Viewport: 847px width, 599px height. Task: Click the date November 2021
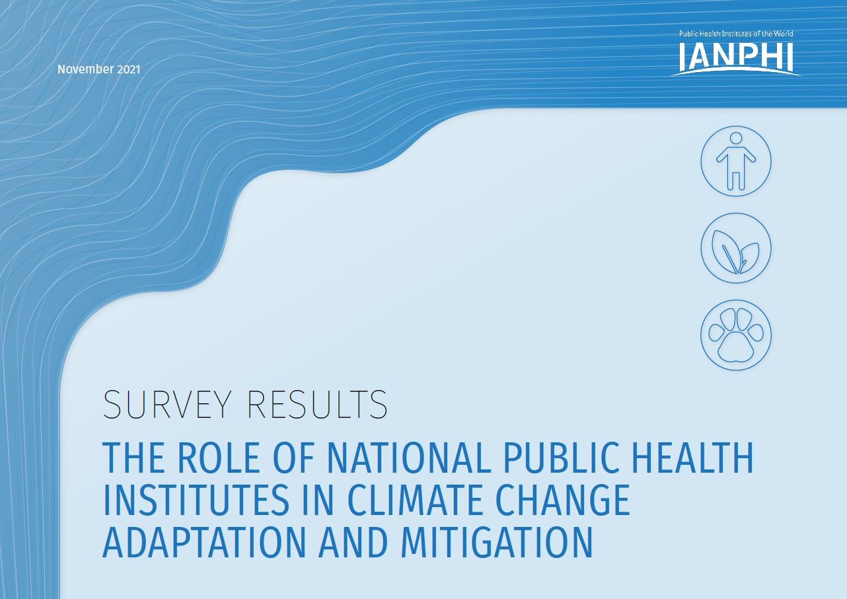coord(98,69)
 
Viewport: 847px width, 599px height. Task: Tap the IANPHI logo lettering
coord(736,56)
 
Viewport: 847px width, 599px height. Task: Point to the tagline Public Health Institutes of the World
coord(736,34)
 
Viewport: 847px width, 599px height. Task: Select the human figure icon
coord(736,161)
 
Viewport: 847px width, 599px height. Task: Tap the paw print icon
coord(736,335)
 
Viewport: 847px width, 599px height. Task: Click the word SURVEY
coord(166,404)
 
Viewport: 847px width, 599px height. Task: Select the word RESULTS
coord(317,404)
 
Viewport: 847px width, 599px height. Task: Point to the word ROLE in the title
coord(218,458)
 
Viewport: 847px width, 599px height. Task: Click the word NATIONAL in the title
coord(409,458)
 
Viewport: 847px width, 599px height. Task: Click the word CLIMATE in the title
coord(415,500)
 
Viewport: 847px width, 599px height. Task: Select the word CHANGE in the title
coord(563,500)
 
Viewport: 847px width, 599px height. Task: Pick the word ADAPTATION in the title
coord(203,543)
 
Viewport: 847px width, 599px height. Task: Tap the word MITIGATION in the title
coord(496,543)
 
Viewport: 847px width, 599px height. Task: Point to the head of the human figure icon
coord(736,138)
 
